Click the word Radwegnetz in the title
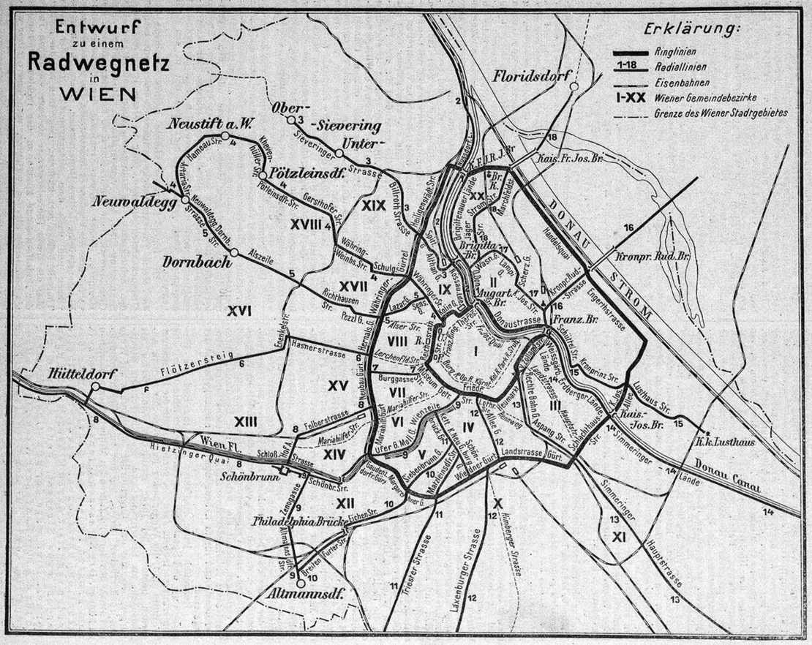(x=99, y=63)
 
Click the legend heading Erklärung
(x=692, y=30)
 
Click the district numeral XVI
(x=239, y=312)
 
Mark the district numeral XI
(x=619, y=537)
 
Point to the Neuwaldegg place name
(x=135, y=202)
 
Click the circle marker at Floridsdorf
(x=574, y=86)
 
